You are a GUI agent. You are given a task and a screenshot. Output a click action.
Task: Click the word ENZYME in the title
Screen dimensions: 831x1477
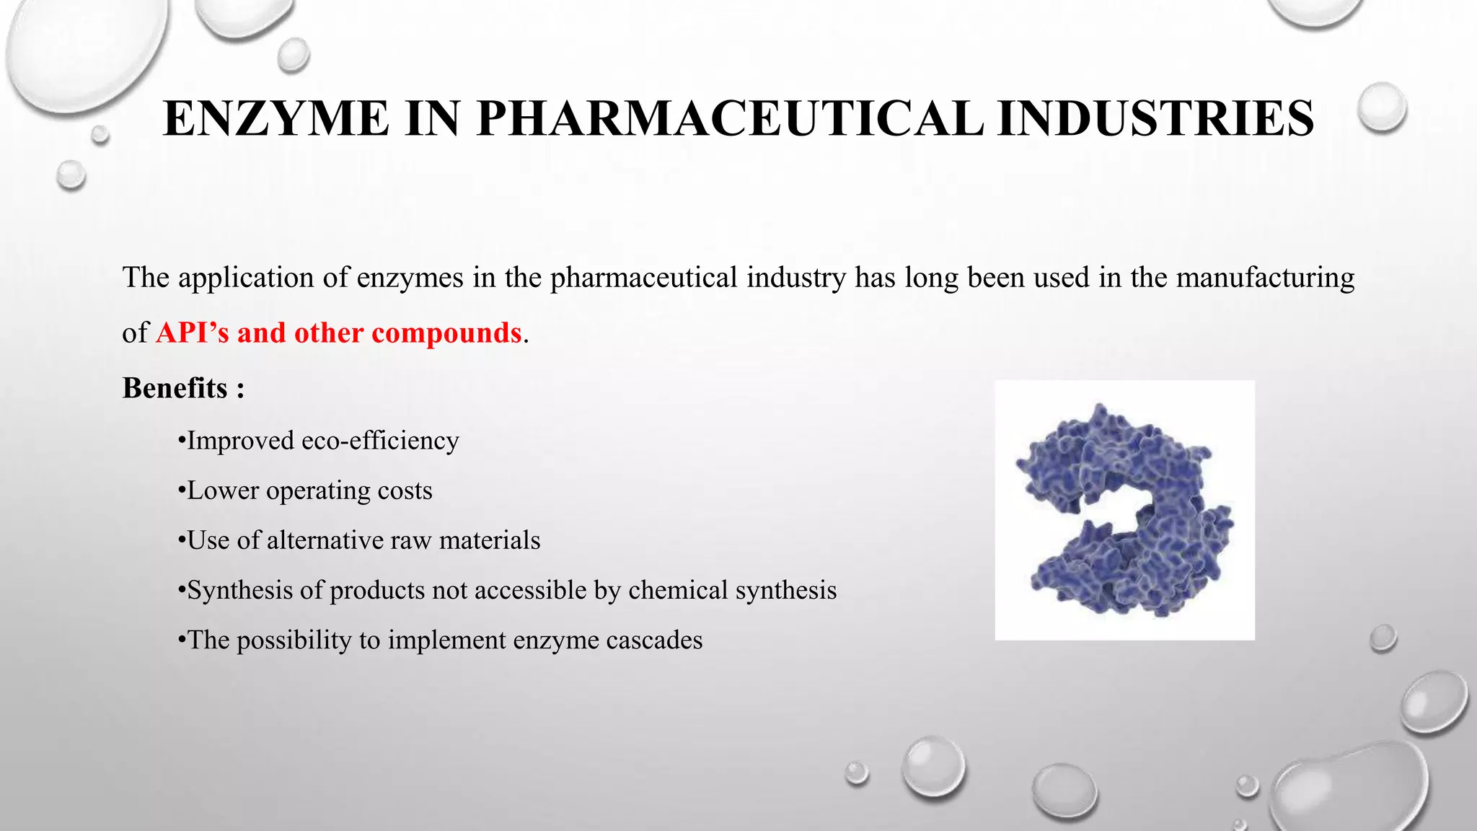pyautogui.click(x=276, y=118)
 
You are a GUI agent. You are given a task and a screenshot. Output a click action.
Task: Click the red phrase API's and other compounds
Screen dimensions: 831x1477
pyautogui.click(x=338, y=333)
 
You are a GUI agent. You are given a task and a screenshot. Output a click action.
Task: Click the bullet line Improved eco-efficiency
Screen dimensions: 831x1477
pyautogui.click(x=319, y=441)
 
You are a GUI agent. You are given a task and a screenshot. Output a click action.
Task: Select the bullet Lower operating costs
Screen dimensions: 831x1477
pyautogui.click(x=305, y=491)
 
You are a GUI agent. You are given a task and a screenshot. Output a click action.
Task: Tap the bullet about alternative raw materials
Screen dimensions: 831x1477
pyautogui.click(x=359, y=540)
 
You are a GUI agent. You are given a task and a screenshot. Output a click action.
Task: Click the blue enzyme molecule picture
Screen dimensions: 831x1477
pyautogui.click(x=1124, y=510)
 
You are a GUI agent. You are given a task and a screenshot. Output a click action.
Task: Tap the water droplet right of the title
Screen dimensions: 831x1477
pyautogui.click(x=1382, y=107)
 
